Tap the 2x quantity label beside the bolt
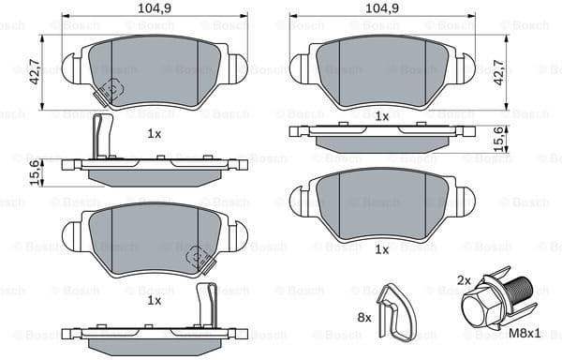point(463,280)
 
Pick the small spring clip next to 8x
point(393,311)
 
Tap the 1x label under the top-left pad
point(155,134)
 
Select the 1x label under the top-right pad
point(381,116)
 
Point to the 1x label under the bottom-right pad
point(381,249)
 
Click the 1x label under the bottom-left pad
point(155,300)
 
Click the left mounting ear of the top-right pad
point(300,66)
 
